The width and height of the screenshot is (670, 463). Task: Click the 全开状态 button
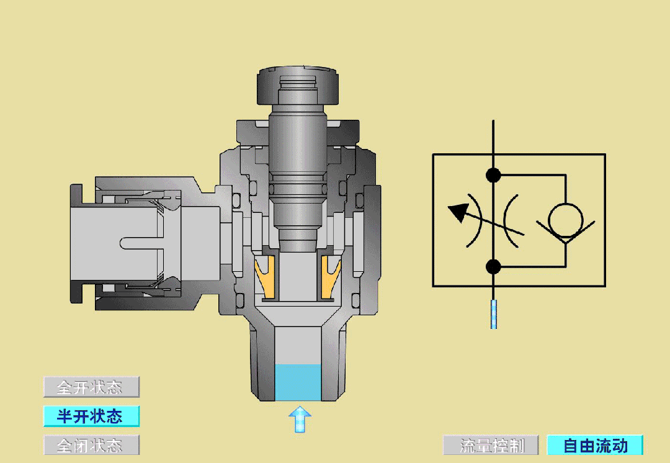(x=91, y=387)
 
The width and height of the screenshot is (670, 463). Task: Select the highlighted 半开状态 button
(x=91, y=416)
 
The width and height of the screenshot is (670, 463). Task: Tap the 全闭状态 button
(x=91, y=445)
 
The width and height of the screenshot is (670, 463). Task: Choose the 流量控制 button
(x=491, y=446)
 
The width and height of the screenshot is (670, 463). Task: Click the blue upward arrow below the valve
(x=300, y=419)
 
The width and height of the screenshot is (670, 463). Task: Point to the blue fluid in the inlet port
(x=297, y=382)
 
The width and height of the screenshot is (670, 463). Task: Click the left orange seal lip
(x=266, y=277)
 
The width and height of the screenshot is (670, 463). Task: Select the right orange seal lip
(x=330, y=277)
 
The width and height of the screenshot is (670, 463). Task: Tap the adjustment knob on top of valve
(x=298, y=86)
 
